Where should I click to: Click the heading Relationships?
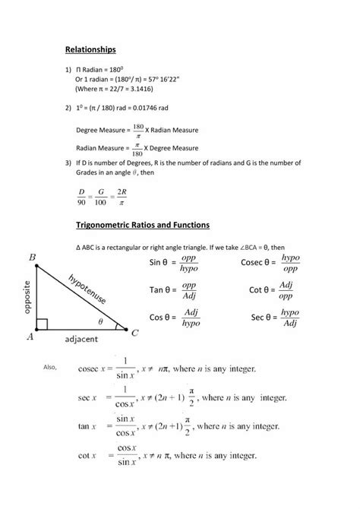coord(90,49)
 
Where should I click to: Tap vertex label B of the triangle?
coord(32,258)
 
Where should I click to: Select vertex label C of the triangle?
coord(135,333)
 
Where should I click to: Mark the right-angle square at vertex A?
coord(43,324)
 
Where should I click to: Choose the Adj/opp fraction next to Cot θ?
coord(286,289)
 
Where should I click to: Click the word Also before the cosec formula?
coord(51,368)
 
